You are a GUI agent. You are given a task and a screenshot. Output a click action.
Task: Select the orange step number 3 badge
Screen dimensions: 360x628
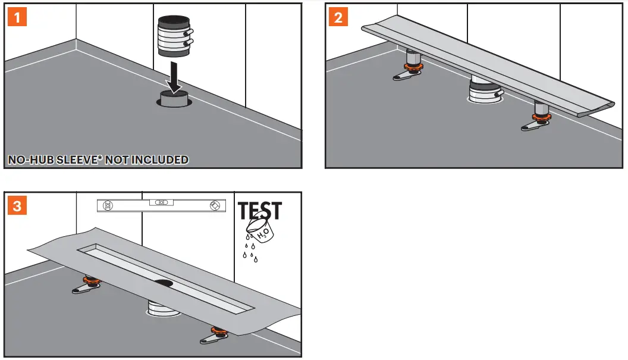(x=17, y=206)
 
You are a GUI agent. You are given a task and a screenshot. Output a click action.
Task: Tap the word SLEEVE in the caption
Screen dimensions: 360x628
(x=76, y=159)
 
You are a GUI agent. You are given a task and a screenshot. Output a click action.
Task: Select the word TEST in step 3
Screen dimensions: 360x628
(x=260, y=211)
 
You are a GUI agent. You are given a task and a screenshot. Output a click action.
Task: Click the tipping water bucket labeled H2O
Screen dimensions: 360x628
(x=262, y=231)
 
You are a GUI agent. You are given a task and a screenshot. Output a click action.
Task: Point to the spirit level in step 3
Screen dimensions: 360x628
(x=161, y=205)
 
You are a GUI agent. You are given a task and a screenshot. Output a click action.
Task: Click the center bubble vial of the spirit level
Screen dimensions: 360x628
(x=161, y=203)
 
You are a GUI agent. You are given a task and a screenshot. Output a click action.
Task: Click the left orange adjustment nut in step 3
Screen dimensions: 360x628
(x=90, y=281)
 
